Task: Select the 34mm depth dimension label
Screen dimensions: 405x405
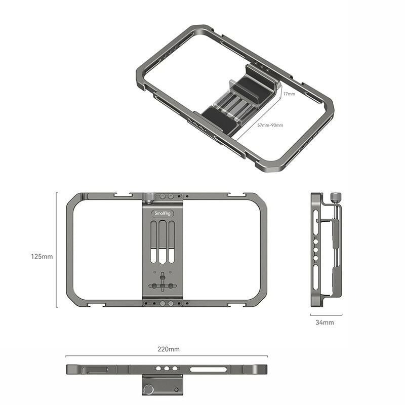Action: click(325, 322)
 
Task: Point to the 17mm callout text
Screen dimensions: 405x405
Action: click(289, 94)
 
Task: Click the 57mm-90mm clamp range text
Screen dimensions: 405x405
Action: click(270, 126)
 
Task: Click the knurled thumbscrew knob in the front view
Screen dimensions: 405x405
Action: click(149, 197)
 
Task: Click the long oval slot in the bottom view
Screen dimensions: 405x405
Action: click(208, 369)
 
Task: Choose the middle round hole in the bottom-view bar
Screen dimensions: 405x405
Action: click(166, 369)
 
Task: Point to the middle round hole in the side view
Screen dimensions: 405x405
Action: click(316, 249)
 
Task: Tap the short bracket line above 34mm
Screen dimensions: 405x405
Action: click(326, 314)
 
